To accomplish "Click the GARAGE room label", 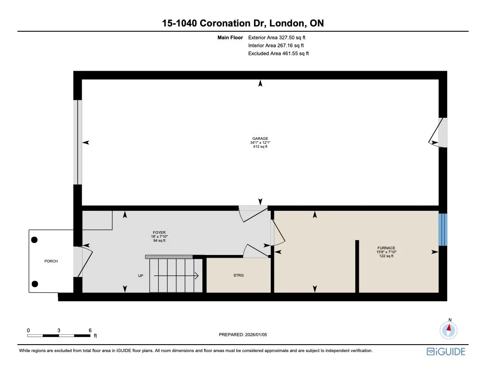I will pos(260,139).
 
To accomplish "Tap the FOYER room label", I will pos(159,232).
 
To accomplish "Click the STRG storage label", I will pos(239,275).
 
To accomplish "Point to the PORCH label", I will pos(51,261).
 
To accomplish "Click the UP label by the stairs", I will pos(140,276).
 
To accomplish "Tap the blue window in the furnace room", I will pos(443,229).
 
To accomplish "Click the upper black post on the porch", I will pos(34,240).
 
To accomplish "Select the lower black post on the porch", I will pos(35,284).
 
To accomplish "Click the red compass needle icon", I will pos(449,329).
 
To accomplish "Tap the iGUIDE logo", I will pos(446,352).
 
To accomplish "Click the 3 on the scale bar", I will pos(59,330).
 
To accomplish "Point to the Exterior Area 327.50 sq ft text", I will pos(277,37).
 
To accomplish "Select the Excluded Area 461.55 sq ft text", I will pos(278,53).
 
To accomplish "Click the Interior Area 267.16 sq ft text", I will pos(276,45).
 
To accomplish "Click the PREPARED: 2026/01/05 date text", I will pos(243,335).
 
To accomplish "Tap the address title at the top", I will pos(243,23).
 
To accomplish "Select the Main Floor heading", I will pos(230,37).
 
